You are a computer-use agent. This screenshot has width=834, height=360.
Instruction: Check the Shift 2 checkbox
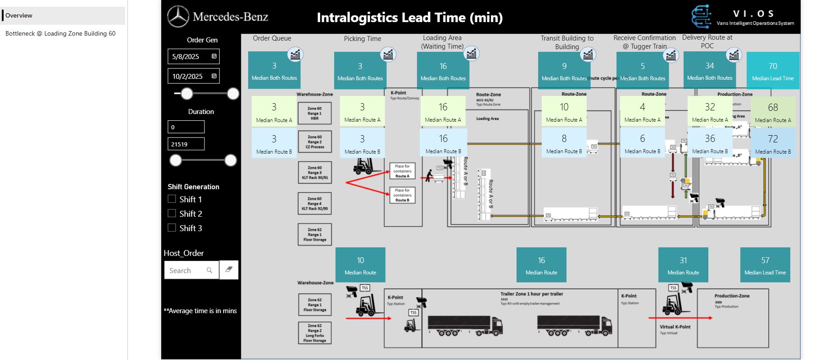(x=172, y=213)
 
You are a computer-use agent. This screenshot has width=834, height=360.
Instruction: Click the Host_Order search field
(x=187, y=270)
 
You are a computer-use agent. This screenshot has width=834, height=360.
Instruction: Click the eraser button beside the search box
(x=229, y=270)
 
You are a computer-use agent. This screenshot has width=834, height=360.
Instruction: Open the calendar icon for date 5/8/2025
(x=214, y=56)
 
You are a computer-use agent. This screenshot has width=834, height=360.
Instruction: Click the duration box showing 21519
(x=186, y=144)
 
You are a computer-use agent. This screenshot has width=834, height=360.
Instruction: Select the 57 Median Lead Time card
(x=765, y=265)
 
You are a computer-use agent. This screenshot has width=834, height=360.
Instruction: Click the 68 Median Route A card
(x=773, y=112)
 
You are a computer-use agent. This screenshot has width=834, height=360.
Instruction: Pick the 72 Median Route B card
(x=773, y=143)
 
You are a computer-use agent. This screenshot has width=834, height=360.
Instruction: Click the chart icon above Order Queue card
(x=295, y=55)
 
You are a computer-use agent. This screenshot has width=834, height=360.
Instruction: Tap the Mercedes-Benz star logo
(x=178, y=17)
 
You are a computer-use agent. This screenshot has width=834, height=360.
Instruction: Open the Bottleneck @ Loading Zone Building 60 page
(x=60, y=33)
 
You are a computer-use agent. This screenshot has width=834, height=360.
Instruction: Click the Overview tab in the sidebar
(x=19, y=15)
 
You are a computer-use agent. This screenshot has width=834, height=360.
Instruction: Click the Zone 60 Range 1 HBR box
(x=315, y=113)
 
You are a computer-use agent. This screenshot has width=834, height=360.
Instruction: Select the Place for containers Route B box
(x=402, y=195)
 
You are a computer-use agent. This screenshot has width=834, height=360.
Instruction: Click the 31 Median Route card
(x=683, y=265)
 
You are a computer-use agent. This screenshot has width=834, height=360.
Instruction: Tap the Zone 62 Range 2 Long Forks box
(x=315, y=333)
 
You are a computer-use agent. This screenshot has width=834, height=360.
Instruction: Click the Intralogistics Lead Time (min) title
(x=409, y=18)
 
